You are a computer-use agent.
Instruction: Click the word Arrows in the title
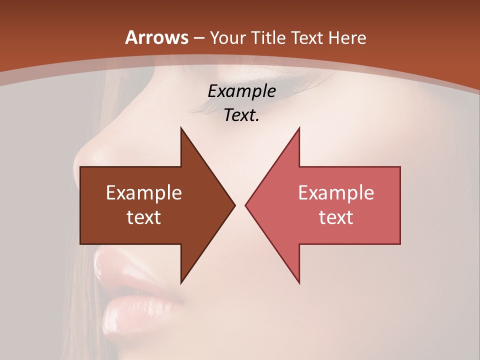coord(156,37)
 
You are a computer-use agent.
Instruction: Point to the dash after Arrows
coord(198,38)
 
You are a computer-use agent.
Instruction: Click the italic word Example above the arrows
coord(241,91)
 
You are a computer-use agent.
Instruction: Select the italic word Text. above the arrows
coord(241,115)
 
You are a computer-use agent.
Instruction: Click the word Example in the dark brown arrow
coord(144,193)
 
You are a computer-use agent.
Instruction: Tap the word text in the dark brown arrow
coord(144,217)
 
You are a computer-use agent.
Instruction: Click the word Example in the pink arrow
coord(336,193)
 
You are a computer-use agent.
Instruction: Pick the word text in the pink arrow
coord(336,217)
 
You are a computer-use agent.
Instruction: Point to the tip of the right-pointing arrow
coord(234,205)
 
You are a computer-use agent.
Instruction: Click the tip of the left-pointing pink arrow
coord(246,205)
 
